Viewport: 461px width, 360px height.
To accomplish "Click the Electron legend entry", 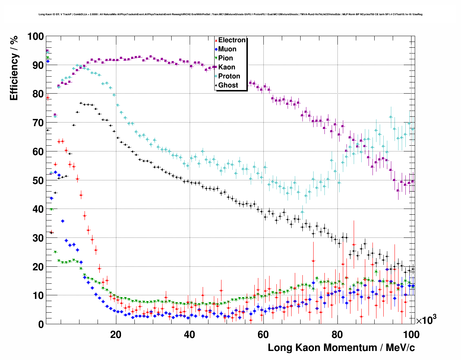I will pyautogui.click(x=232, y=40).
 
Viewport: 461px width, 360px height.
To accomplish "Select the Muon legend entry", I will pyautogui.click(x=227, y=49).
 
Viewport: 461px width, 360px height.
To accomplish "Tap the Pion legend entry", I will pyautogui.click(x=225, y=58).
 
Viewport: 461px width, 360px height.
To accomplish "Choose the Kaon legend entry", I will pyautogui.click(x=227, y=67).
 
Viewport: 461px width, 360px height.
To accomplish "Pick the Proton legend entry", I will pyautogui.click(x=229, y=76).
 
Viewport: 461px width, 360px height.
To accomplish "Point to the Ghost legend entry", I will pyautogui.click(x=228, y=85).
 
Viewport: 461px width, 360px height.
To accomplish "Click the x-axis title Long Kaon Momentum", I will pyautogui.click(x=341, y=348).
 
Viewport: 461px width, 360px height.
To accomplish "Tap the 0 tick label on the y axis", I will pyautogui.click(x=41, y=324).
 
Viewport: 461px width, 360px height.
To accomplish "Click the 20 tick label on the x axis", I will pyautogui.click(x=116, y=335).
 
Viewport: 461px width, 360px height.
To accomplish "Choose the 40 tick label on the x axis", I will pyautogui.click(x=189, y=335).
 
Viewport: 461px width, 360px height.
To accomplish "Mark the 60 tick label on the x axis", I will pyautogui.click(x=263, y=335).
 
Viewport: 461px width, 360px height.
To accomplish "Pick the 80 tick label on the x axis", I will pyautogui.click(x=337, y=335).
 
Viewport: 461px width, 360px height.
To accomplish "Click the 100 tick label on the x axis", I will pyautogui.click(x=411, y=335).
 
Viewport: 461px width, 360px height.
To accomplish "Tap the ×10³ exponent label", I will pyautogui.click(x=426, y=320).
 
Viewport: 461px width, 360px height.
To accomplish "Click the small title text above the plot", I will pyautogui.click(x=231, y=14).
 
